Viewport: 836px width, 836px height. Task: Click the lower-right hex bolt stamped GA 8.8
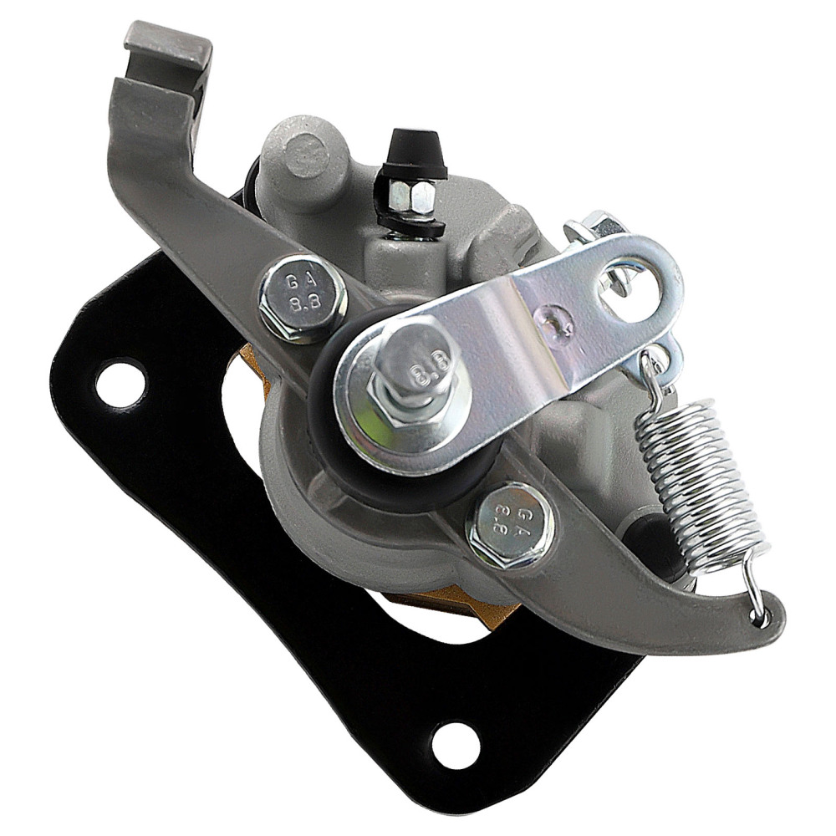coord(510,526)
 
